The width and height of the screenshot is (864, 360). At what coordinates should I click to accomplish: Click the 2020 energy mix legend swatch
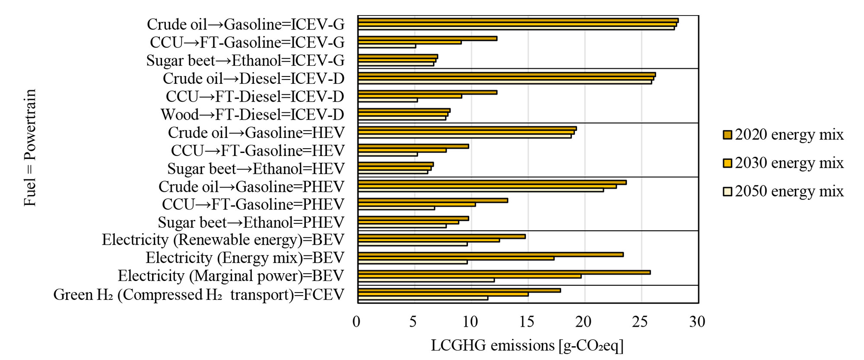pyautogui.click(x=727, y=134)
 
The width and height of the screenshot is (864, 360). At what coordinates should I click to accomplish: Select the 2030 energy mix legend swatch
pyautogui.click(x=727, y=163)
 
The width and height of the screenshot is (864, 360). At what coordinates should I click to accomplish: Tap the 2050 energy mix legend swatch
pyautogui.click(x=727, y=191)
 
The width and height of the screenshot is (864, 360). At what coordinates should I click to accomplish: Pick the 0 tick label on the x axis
pyautogui.click(x=356, y=322)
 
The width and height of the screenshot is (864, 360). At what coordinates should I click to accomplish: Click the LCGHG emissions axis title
pyautogui.click(x=527, y=345)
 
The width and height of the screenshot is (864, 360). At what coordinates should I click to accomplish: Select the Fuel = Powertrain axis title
pyautogui.click(x=30, y=148)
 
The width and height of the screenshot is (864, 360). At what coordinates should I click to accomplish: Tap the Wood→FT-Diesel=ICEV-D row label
pyautogui.click(x=252, y=115)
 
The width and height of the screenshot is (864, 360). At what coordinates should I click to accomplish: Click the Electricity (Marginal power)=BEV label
pyautogui.click(x=231, y=276)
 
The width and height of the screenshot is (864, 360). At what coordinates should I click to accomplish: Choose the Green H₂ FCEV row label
pyautogui.click(x=199, y=295)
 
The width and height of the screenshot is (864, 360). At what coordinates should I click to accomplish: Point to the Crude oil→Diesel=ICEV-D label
pyautogui.click(x=254, y=79)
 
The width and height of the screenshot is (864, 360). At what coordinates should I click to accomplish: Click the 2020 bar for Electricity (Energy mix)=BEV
pyautogui.click(x=490, y=255)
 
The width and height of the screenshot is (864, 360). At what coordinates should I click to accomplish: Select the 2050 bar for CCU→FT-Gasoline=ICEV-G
pyautogui.click(x=387, y=46)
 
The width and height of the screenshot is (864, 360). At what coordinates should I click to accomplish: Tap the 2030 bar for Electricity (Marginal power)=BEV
pyautogui.click(x=469, y=276)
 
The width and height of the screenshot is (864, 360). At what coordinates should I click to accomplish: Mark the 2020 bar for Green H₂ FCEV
pyautogui.click(x=459, y=290)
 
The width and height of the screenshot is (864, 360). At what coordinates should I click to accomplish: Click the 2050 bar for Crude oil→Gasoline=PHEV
pyautogui.click(x=480, y=190)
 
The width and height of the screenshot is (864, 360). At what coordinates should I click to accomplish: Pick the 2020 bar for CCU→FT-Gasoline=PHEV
pyautogui.click(x=432, y=201)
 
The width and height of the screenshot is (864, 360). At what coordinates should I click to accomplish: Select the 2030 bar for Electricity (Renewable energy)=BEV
pyautogui.click(x=429, y=240)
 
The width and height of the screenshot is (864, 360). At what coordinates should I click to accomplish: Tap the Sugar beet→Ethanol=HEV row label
pyautogui.click(x=256, y=169)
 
